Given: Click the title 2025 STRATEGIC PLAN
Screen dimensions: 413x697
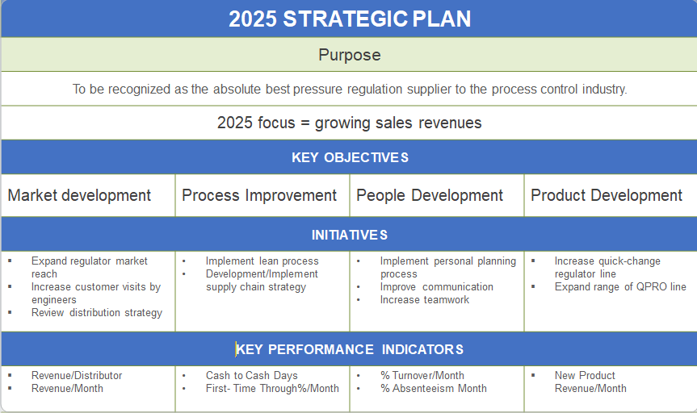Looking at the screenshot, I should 349,19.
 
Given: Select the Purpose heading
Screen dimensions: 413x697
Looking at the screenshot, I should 349,56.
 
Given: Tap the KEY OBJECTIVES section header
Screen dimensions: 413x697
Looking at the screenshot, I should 349,157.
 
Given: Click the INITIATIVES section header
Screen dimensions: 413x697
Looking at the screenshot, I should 349,235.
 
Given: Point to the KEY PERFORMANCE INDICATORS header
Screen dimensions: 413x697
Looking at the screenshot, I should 349,349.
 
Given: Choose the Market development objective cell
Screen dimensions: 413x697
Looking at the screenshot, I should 79,195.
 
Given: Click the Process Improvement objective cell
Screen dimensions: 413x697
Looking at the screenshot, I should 259,195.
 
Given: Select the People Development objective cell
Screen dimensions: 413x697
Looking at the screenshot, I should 430,195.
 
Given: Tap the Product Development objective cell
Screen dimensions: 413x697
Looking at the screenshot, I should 607,195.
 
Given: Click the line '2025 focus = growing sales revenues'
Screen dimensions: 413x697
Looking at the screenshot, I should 349,123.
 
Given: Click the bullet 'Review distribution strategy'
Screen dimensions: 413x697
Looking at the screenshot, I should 97,312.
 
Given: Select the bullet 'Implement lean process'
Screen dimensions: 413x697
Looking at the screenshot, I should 262,261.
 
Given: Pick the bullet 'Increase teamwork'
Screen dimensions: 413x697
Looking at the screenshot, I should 425,299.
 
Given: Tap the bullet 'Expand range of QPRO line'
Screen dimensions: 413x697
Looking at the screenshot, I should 620,286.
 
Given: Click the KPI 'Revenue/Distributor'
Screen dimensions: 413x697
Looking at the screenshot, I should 77,375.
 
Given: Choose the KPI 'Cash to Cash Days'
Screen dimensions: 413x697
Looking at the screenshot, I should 251,375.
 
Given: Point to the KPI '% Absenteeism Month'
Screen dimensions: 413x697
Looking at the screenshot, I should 434,388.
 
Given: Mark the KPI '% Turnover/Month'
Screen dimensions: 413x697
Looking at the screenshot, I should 422,375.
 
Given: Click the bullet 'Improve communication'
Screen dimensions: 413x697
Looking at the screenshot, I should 437,286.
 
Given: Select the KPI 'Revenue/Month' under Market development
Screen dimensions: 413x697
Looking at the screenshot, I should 67,388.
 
